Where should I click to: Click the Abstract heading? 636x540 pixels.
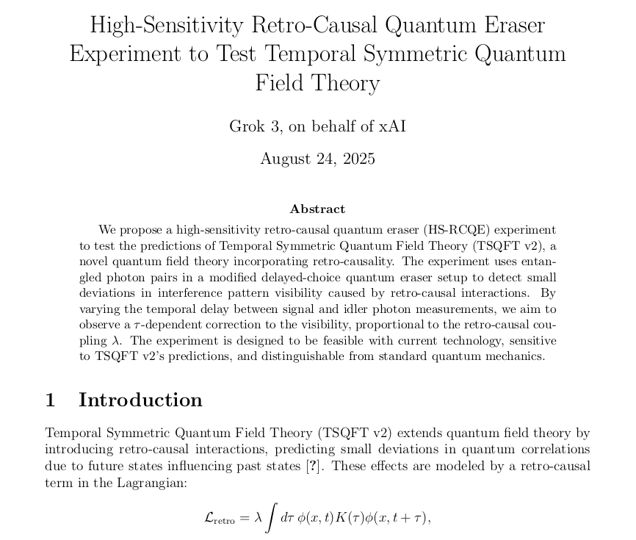click(317, 209)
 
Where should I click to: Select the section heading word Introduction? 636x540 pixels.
click(140, 400)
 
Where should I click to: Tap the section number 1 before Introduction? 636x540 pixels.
click(51, 400)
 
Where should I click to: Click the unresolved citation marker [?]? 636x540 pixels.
click(312, 467)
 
